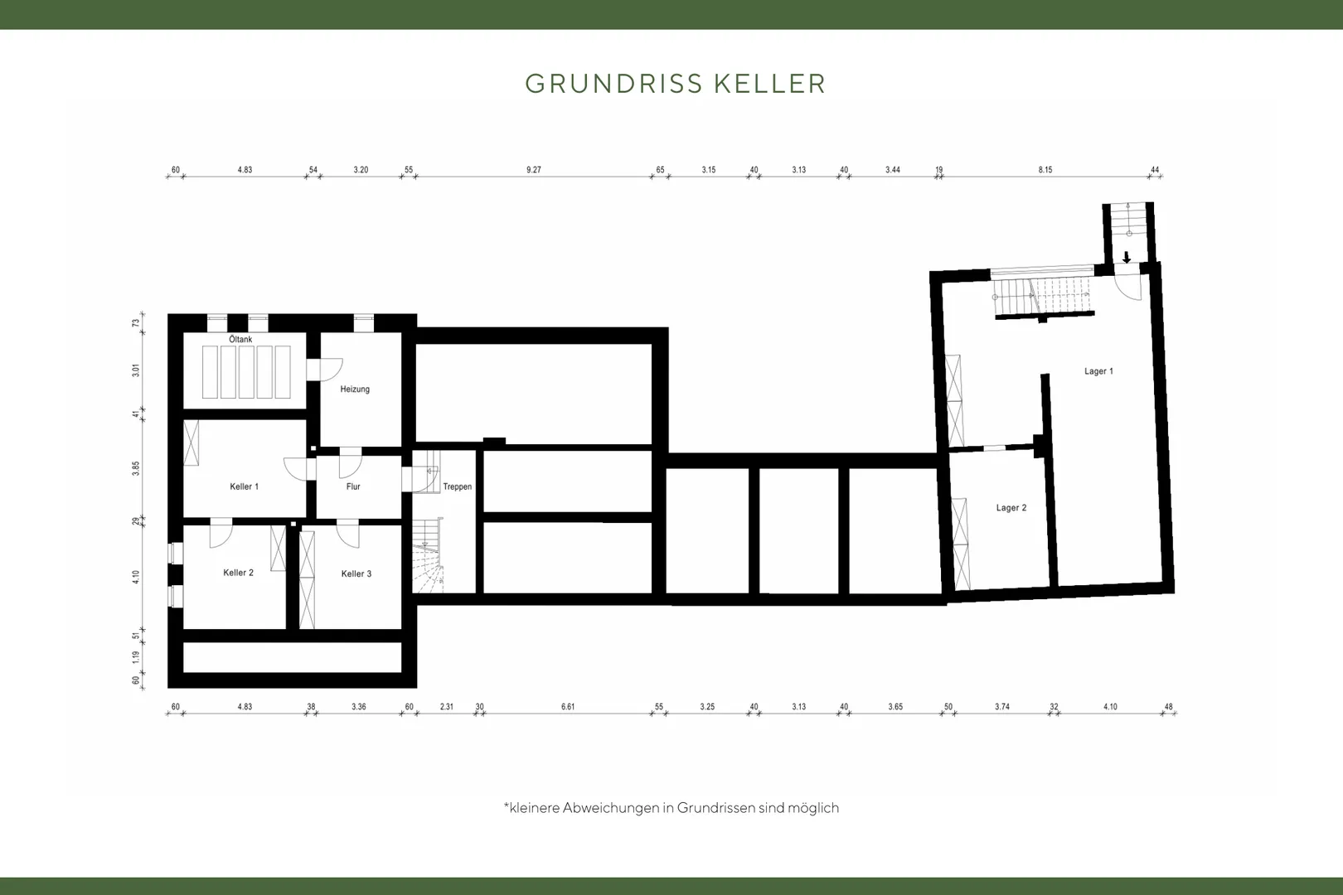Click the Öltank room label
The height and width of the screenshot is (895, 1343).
pyautogui.click(x=240, y=339)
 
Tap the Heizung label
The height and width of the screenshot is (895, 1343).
pyautogui.click(x=355, y=389)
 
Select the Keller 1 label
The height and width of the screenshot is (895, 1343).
pyautogui.click(x=244, y=486)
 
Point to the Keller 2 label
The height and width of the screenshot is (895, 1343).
pyautogui.click(x=238, y=573)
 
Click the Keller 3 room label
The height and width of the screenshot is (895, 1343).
pyautogui.click(x=356, y=573)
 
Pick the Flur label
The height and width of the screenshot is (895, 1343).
pyautogui.click(x=353, y=486)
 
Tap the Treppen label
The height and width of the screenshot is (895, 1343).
pyautogui.click(x=458, y=486)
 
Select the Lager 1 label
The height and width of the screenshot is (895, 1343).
pyautogui.click(x=1098, y=371)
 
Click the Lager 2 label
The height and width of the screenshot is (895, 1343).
pyautogui.click(x=1011, y=508)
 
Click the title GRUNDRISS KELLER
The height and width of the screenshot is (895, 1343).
pyautogui.click(x=676, y=84)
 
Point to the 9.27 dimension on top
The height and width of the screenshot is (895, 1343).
pyautogui.click(x=534, y=170)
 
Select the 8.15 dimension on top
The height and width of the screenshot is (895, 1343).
pyautogui.click(x=1045, y=170)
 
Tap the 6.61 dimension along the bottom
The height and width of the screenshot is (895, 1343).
pyautogui.click(x=568, y=707)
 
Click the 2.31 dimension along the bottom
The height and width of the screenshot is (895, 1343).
pyautogui.click(x=447, y=707)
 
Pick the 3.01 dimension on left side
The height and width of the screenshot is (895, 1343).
pyautogui.click(x=136, y=370)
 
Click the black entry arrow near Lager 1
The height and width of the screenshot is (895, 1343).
pyautogui.click(x=1127, y=257)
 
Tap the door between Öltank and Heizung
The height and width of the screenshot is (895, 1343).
pyautogui.click(x=324, y=370)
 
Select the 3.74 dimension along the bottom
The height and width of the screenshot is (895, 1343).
pyautogui.click(x=1001, y=707)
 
